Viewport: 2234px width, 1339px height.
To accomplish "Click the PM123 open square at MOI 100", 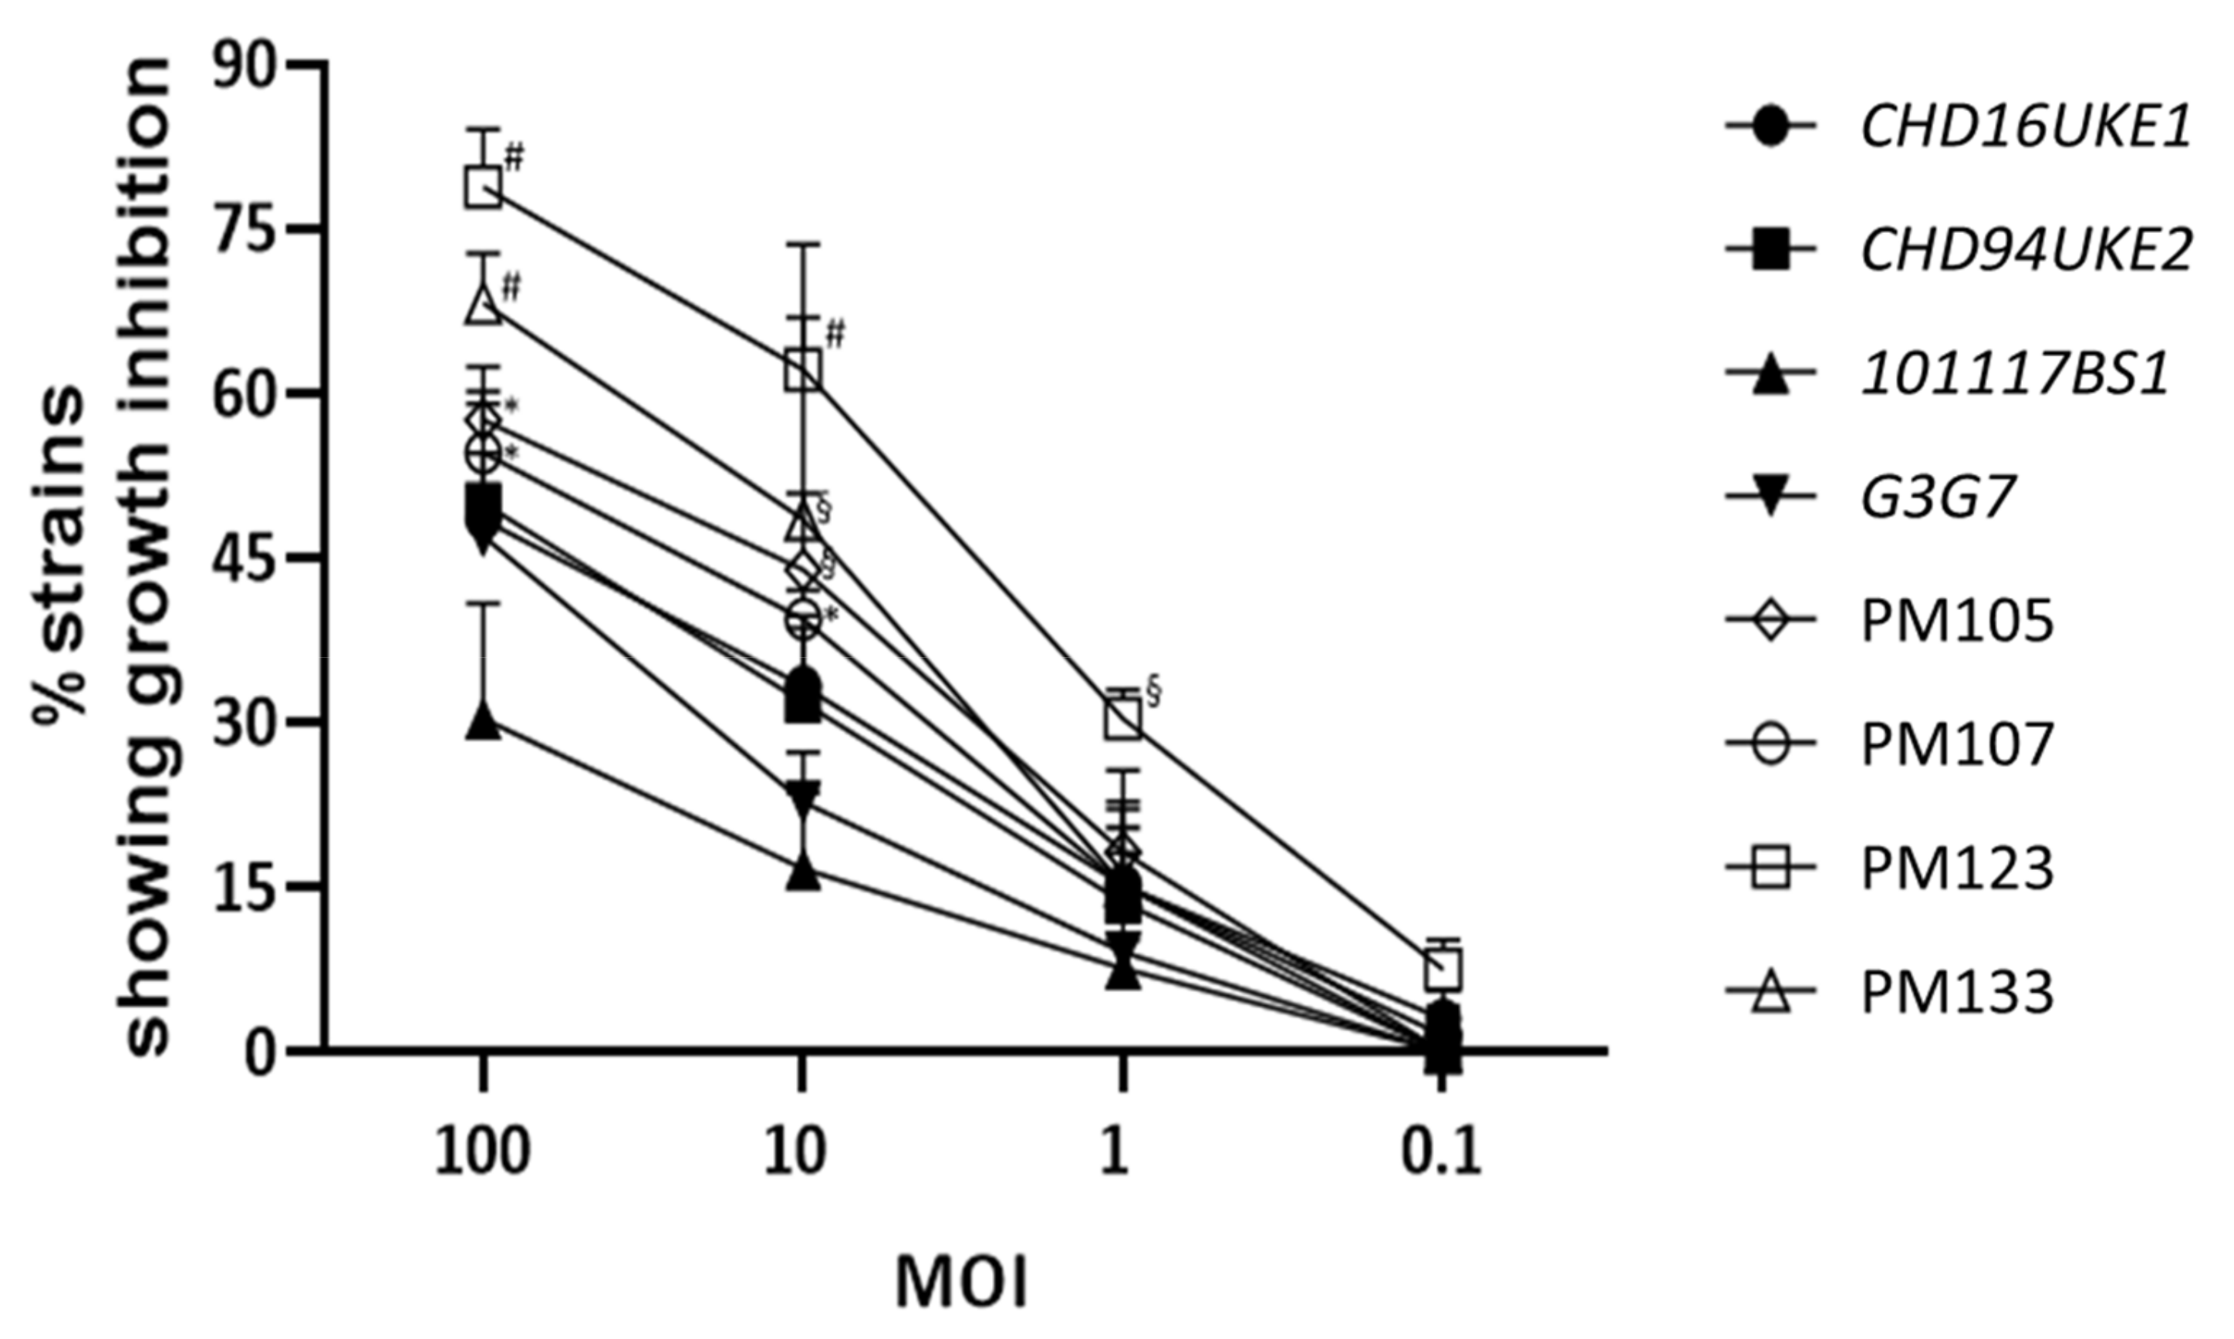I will [484, 187].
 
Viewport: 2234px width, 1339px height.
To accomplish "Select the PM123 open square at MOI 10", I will [803, 370].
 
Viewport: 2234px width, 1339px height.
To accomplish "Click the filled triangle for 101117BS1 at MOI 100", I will [484, 722].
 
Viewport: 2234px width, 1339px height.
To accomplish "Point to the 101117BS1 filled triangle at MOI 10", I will [803, 873].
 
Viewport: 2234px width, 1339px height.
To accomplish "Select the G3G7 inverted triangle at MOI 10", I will [803, 797].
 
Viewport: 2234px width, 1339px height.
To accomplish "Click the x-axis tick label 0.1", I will [1442, 1153].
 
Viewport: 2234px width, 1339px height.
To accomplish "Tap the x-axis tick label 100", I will [483, 1153].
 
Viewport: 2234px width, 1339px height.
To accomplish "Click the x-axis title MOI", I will [962, 1282].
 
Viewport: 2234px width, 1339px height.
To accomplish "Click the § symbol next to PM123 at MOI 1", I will [1153, 692].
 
